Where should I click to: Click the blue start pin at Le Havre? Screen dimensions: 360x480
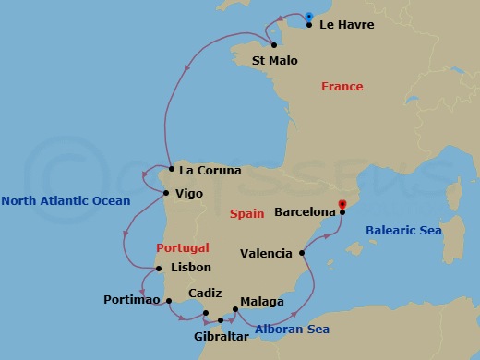308,17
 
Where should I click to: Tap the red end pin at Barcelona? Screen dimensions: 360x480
342,205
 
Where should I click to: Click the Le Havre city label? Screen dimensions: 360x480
346,25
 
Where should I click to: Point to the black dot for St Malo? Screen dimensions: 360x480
274,44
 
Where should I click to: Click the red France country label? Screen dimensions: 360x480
342,87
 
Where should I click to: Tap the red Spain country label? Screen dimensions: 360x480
248,213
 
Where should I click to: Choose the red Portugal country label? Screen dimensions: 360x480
183,247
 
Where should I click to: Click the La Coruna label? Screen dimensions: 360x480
210,171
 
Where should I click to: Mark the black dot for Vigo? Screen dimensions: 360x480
165,193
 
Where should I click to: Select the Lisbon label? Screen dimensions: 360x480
191,268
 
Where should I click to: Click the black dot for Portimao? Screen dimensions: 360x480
168,300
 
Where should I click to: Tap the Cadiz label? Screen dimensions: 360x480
204,293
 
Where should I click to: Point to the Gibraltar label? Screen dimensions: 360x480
222,338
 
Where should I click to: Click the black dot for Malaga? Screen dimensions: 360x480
235,310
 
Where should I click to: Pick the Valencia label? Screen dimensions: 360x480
266,253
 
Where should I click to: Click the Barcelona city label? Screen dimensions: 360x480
305,211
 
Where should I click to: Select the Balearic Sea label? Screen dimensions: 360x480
403,231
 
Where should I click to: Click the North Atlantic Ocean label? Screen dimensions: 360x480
66,201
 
